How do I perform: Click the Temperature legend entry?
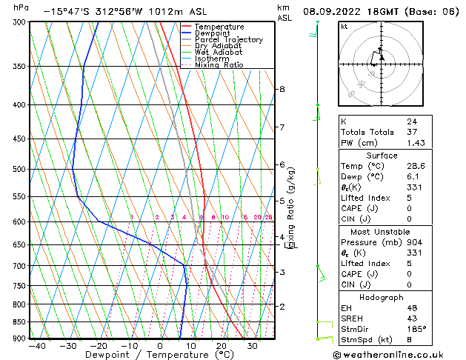(x=219, y=27)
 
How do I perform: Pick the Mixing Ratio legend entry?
(x=219, y=65)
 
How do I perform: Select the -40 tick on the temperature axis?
(x=36, y=346)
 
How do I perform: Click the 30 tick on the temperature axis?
(x=253, y=346)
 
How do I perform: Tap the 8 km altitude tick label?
(x=282, y=90)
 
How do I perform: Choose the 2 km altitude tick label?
(x=282, y=306)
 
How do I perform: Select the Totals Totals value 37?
(x=411, y=132)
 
